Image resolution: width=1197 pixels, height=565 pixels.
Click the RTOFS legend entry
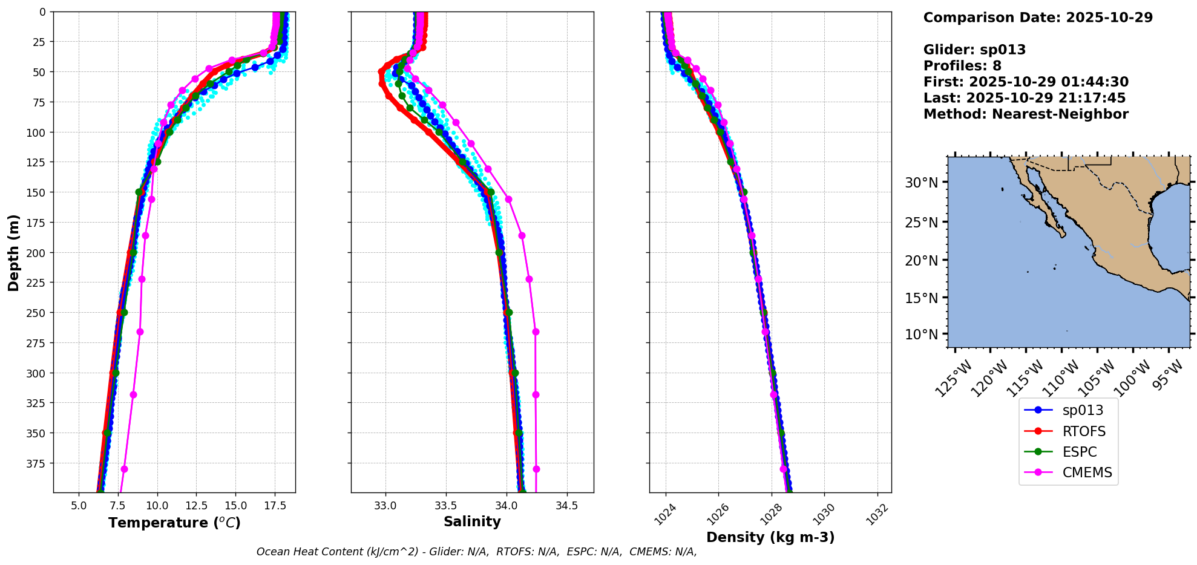1083,431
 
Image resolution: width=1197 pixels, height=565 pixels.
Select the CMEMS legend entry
1087,472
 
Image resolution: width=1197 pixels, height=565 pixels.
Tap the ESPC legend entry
1079,452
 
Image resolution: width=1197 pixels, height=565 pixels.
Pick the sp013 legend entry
1083,410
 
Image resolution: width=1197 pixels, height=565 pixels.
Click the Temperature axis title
174,523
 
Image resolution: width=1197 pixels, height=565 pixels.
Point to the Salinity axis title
472,522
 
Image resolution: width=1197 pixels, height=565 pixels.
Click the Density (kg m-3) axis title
770,537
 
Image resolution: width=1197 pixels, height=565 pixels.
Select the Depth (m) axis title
13,252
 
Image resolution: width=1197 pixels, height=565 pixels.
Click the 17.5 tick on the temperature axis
275,505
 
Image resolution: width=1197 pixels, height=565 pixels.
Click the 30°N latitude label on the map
921,183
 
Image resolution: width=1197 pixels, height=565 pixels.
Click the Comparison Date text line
1038,18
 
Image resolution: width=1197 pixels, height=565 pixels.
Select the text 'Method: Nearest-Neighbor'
1026,114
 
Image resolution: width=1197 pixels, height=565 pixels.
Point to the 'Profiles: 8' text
962,66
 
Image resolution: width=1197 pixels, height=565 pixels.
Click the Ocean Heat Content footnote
476,552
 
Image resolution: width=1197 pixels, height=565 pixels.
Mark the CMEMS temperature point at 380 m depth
124,469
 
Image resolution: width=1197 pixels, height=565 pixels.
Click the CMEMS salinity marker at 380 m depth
536,469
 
